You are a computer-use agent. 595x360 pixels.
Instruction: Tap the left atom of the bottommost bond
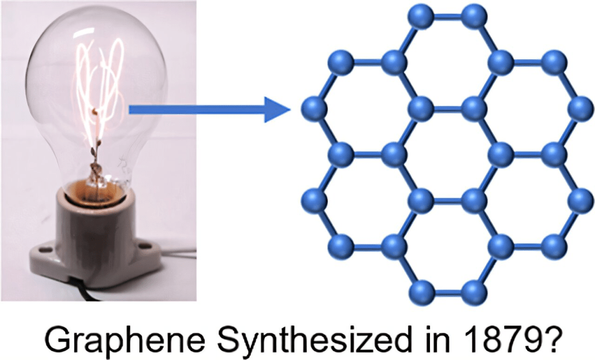(422, 290)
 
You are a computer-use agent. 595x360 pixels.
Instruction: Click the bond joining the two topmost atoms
(449, 17)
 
